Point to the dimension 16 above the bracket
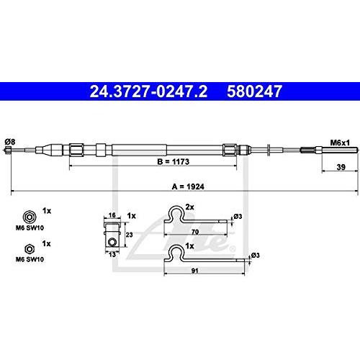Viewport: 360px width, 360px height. point(112,215)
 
